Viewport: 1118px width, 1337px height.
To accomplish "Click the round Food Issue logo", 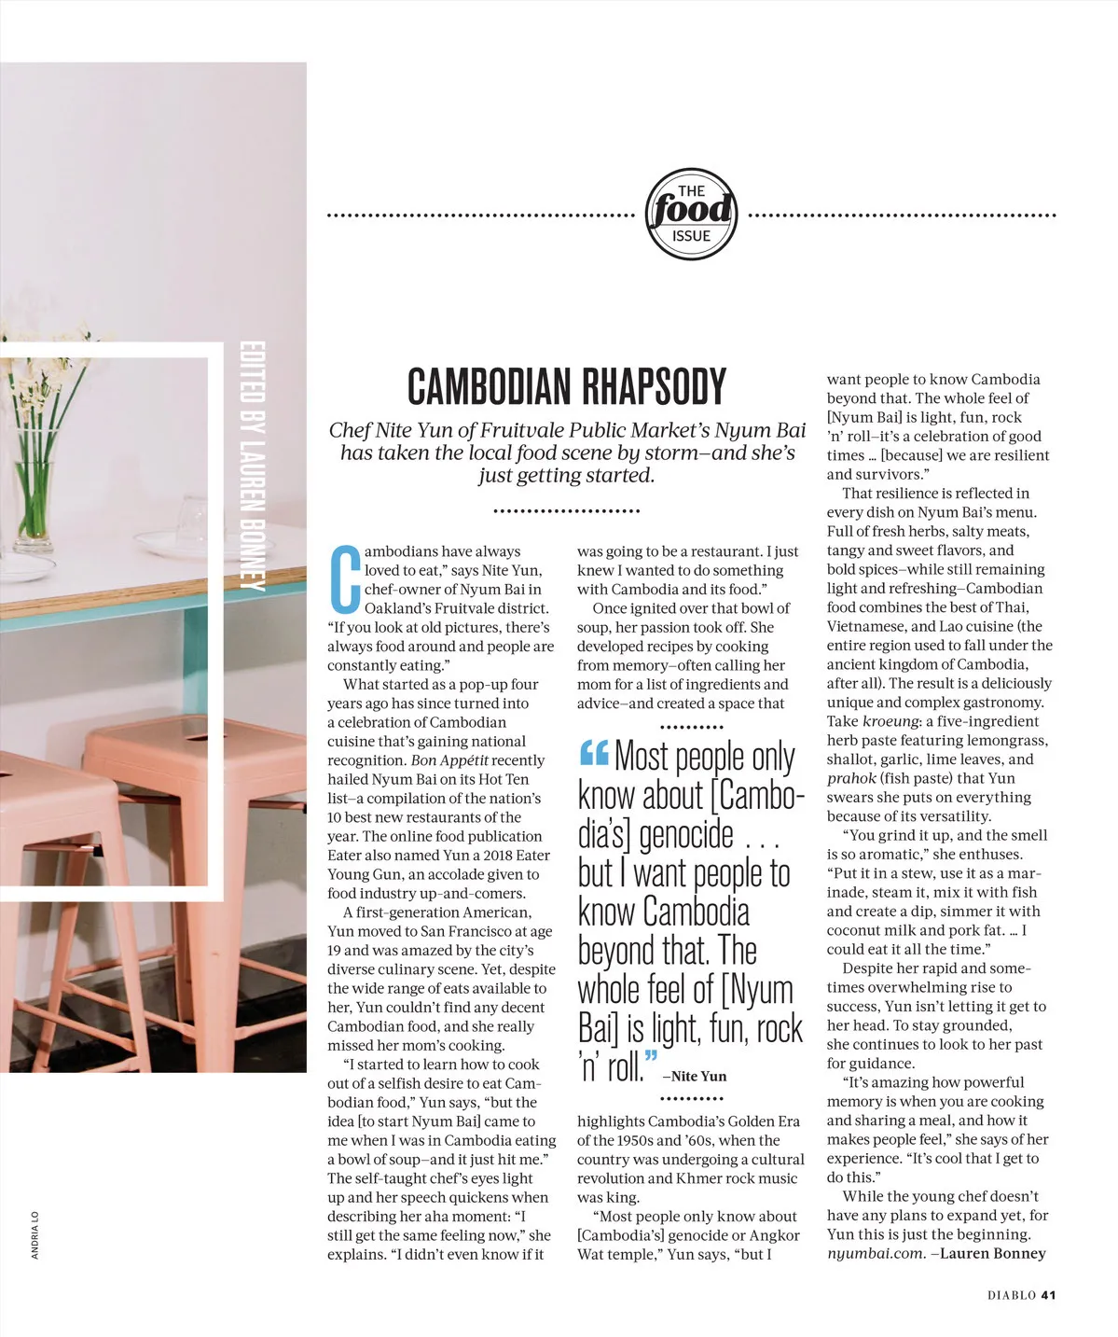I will tap(691, 215).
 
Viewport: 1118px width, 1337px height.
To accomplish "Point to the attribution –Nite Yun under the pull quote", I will tap(694, 1076).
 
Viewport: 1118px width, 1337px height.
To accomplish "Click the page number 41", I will tap(1048, 1294).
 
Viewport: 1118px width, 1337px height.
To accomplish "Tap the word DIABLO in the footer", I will tap(1012, 1294).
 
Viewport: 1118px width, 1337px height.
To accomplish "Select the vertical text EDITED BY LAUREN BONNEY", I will tap(251, 467).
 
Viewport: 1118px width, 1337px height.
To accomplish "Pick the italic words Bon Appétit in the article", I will tap(450, 760).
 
